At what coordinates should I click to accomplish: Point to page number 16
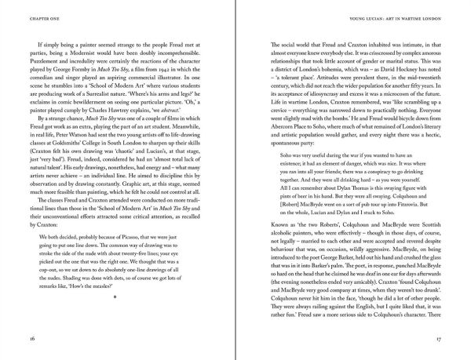(31, 339)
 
